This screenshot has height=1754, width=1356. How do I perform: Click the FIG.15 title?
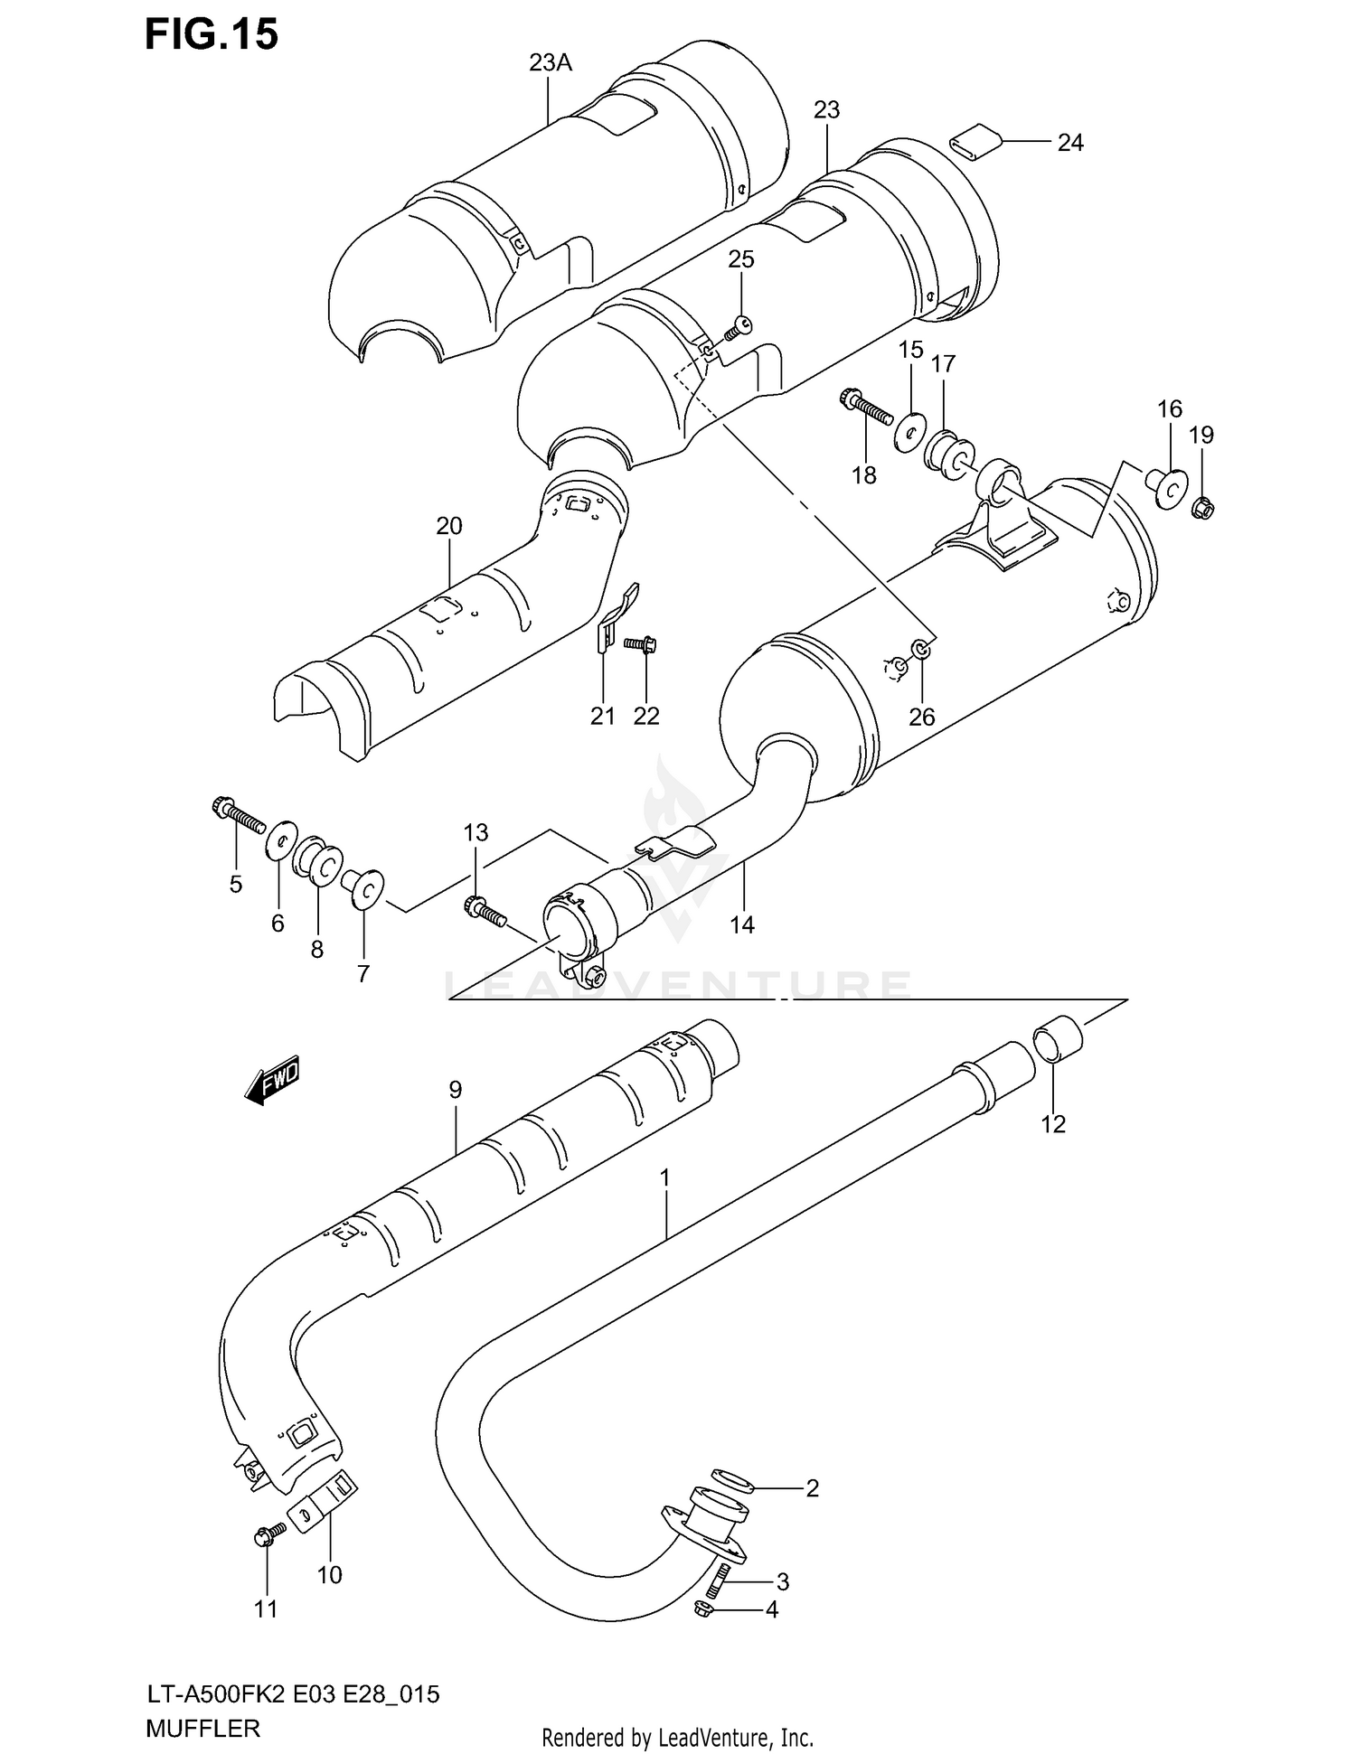tap(212, 34)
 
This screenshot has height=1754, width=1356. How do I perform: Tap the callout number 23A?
tap(551, 62)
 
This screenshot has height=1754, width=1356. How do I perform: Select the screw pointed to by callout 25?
tap(739, 328)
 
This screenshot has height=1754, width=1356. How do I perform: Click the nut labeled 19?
tap(1202, 508)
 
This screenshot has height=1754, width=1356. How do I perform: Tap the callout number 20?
tap(448, 526)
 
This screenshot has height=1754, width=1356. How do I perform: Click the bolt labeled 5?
tap(237, 813)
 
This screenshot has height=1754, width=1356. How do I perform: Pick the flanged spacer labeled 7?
tap(364, 887)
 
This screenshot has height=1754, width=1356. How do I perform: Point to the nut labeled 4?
tap(707, 1609)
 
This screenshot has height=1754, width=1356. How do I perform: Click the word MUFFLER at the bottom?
tap(202, 1728)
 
